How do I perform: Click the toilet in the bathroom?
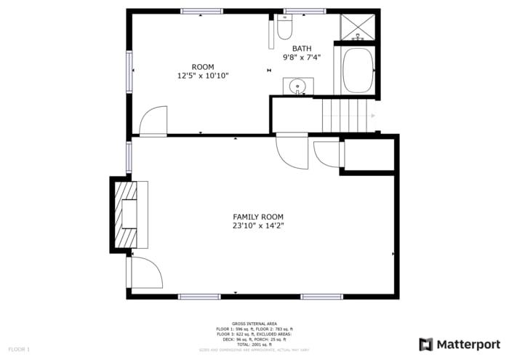click(x=284, y=28)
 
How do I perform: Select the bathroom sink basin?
click(x=297, y=87)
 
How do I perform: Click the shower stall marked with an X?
click(x=358, y=27)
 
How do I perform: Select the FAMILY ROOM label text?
click(x=257, y=217)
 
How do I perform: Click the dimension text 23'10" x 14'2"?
click(x=257, y=225)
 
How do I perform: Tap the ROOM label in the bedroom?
click(x=203, y=67)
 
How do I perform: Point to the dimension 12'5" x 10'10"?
click(x=203, y=76)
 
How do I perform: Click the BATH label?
click(x=302, y=49)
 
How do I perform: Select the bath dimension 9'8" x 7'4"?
click(x=302, y=57)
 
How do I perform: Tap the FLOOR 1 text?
click(x=18, y=350)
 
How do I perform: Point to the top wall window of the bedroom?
click(x=201, y=11)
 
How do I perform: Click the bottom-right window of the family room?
click(x=321, y=297)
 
